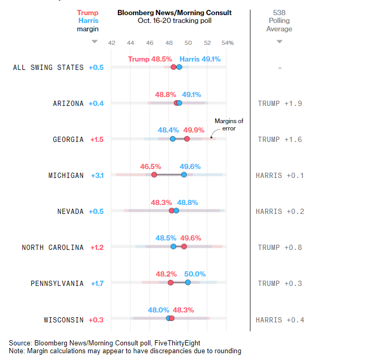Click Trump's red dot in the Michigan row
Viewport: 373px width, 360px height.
[x=154, y=175]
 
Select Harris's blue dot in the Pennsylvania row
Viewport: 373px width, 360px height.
[x=188, y=282]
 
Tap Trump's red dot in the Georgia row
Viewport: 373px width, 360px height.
[x=187, y=139]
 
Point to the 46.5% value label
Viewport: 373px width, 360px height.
[x=151, y=166]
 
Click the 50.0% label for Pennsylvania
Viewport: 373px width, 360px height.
[x=195, y=274]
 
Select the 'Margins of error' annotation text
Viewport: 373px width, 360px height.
[x=228, y=124]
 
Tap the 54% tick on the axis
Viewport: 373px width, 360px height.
[x=227, y=43]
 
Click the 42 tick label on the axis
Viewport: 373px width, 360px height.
[x=112, y=43]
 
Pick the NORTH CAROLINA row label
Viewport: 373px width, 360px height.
[x=53, y=247]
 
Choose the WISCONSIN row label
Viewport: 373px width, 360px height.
[x=64, y=319]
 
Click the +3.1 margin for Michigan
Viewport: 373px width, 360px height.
[x=97, y=175]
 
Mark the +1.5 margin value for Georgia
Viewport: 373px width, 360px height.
[x=97, y=139]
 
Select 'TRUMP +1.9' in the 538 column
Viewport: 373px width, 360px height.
[x=280, y=103]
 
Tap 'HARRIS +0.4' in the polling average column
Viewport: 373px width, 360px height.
[x=280, y=320]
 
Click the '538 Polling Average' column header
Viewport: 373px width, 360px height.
[x=279, y=21]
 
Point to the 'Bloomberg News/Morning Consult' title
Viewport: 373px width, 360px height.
[x=174, y=13]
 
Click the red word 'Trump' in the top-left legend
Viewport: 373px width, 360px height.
[x=88, y=13]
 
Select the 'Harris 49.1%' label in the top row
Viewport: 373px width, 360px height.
[x=200, y=59]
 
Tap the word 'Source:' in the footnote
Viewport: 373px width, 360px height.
[x=20, y=343]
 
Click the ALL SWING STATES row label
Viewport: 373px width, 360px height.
[x=48, y=67]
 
